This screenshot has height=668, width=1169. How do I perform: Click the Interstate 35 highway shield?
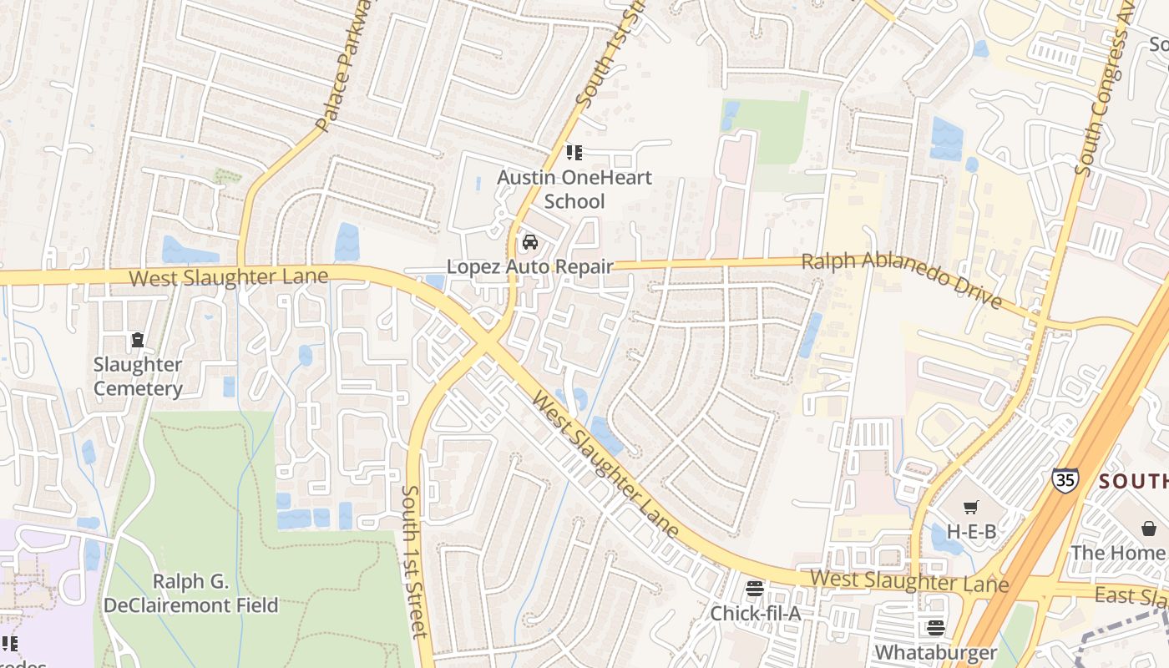(1065, 479)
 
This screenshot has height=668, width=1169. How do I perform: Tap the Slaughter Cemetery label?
(138, 377)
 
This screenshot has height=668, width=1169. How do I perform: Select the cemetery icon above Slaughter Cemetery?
(137, 340)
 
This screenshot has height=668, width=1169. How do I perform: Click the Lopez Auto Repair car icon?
(529, 243)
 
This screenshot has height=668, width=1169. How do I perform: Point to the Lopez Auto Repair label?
(529, 267)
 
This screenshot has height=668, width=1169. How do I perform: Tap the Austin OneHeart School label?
(574, 190)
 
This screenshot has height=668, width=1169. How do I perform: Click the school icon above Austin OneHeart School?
(574, 152)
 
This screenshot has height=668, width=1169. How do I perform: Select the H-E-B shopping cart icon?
(970, 507)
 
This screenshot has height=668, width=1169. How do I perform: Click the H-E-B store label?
(971, 532)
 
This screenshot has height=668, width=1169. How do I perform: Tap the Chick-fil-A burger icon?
(755, 589)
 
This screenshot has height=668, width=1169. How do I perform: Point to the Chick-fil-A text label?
(755, 614)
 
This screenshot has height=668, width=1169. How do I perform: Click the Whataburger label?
(935, 651)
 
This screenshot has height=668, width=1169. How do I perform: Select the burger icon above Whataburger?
(935, 627)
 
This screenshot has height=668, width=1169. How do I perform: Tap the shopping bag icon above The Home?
(1149, 529)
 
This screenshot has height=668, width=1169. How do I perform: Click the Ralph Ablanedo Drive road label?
(901, 280)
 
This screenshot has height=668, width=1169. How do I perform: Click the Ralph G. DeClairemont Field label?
(215, 594)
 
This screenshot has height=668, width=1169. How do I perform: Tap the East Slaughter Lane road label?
(1131, 595)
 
